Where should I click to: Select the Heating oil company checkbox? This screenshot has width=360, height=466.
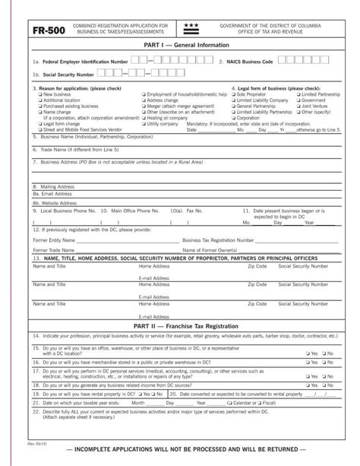(144, 118)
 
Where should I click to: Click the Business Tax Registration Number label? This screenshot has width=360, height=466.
(219, 238)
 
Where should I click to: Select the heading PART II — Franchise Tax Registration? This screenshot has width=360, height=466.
(179, 325)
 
